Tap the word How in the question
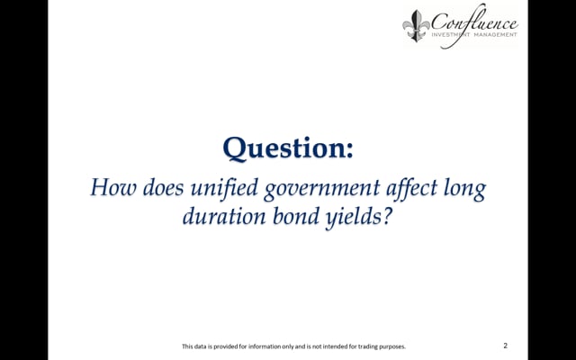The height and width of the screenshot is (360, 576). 113,187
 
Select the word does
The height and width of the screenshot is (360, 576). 163,187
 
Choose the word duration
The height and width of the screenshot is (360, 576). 224,216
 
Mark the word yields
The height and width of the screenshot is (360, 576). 353,218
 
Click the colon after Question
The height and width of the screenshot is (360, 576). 349,150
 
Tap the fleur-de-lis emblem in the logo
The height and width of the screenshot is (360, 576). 416,25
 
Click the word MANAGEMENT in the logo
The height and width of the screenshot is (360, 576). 495,34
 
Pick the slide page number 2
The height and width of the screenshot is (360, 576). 506,346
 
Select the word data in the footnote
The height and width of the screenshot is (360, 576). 198,346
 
